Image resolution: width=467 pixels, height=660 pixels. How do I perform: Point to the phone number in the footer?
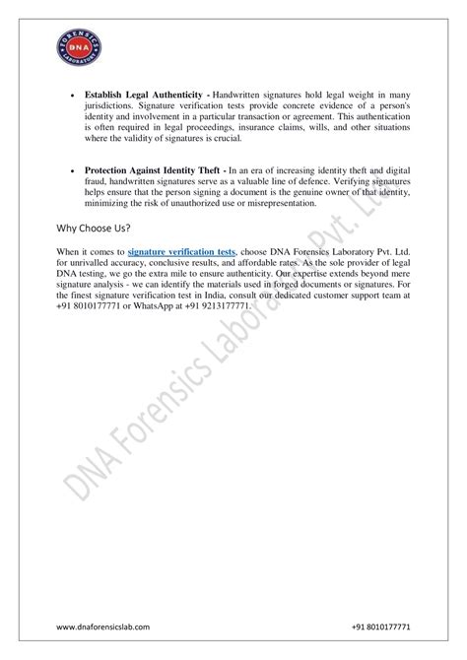(382, 627)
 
